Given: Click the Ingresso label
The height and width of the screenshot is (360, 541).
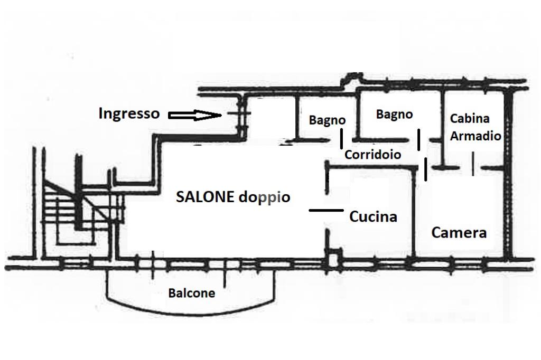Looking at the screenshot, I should [x=128, y=113].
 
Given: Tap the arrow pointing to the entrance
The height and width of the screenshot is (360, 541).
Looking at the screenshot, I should [x=194, y=115].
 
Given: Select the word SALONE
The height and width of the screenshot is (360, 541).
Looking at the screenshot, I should [x=205, y=197].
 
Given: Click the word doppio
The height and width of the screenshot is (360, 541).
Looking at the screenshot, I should [x=264, y=197].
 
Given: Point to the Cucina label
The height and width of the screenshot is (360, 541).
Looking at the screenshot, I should [x=373, y=216].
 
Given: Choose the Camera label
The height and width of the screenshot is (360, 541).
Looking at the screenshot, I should [x=459, y=232].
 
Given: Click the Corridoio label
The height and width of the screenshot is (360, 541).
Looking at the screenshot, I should [x=372, y=155].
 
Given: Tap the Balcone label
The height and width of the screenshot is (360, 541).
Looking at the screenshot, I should [x=191, y=293].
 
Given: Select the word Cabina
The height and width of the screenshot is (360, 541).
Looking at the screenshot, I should [x=469, y=118].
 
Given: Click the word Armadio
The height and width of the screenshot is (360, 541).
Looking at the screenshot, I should [x=475, y=136].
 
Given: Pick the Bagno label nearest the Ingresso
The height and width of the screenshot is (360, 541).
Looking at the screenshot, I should [x=327, y=120].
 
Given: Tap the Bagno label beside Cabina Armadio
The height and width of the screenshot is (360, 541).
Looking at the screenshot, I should [x=394, y=114].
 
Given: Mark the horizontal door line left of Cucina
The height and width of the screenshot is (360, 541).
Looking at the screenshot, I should [x=325, y=210].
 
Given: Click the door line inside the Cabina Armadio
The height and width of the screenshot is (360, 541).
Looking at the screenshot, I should [x=473, y=164].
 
